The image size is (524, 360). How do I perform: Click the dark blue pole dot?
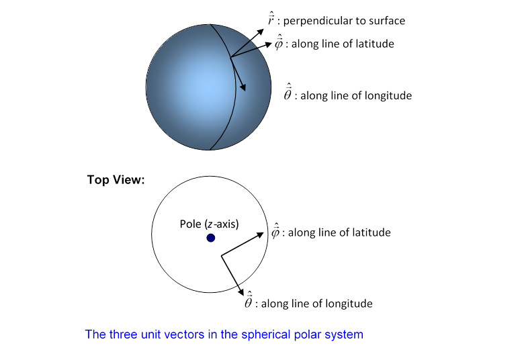pyautogui.click(x=211, y=238)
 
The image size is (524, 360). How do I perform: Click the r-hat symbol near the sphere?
pyautogui.click(x=270, y=20)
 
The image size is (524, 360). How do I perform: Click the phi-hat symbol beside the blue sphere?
pyautogui.click(x=279, y=44)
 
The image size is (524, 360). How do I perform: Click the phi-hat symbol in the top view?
pyautogui.click(x=275, y=232)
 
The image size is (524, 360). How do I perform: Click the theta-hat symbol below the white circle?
pyautogui.click(x=249, y=303)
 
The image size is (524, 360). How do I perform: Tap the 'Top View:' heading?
pyautogui.click(x=116, y=180)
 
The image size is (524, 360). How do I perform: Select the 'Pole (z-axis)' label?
pyautogui.click(x=209, y=224)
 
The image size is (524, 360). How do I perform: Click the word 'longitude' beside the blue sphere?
pyautogui.click(x=388, y=95)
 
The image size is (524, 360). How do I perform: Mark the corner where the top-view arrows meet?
pyautogui.click(x=222, y=255)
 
